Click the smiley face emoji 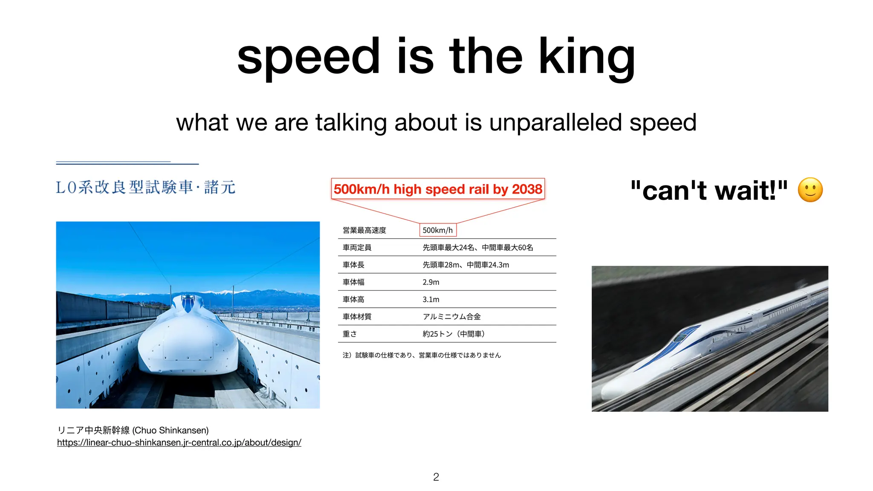click(810, 190)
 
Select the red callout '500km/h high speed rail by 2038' click(438, 189)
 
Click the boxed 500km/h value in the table click(438, 230)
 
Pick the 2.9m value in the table click(431, 282)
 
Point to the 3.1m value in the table click(431, 300)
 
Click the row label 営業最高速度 click(364, 230)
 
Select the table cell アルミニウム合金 click(451, 317)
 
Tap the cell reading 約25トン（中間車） click(454, 334)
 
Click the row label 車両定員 click(357, 248)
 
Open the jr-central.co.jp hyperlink click(179, 442)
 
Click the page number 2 click(436, 477)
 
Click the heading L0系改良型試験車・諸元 click(145, 188)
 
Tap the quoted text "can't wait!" click(709, 191)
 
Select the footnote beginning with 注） click(422, 355)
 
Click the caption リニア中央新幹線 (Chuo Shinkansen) click(133, 430)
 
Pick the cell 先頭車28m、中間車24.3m click(465, 265)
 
